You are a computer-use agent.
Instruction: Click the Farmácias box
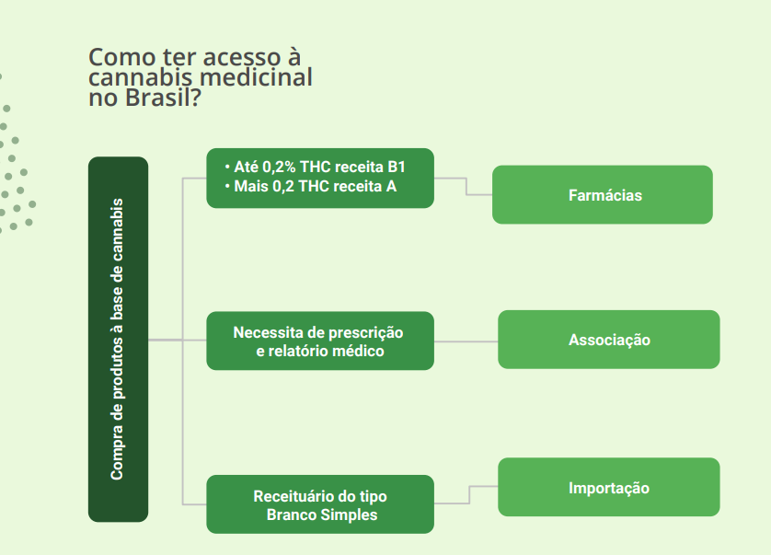coord(603,195)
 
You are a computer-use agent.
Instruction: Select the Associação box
coord(609,340)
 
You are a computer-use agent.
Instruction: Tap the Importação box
coord(609,487)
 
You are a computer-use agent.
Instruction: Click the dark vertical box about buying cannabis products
coord(118,340)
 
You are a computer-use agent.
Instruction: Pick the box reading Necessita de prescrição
coord(320,341)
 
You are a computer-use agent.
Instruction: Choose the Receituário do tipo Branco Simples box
coord(320,504)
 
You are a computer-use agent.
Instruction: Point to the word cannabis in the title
coord(140,77)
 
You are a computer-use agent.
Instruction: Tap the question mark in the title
coord(195,98)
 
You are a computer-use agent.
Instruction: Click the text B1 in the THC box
coord(397,168)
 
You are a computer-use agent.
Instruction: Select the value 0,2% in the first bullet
coord(279,168)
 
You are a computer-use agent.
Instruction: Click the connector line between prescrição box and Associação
coord(466,341)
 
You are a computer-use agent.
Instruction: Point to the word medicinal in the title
coord(256,77)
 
